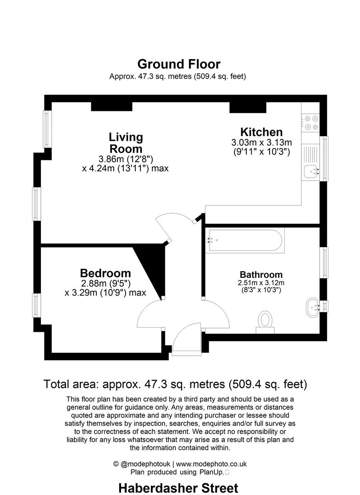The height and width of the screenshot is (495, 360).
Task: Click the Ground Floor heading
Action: tap(179, 65)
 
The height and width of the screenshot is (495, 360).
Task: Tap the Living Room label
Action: tap(126, 143)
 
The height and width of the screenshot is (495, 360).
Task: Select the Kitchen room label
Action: tap(261, 132)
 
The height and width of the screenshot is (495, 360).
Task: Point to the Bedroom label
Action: tap(105, 273)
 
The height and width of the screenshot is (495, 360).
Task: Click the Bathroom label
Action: tap(261, 275)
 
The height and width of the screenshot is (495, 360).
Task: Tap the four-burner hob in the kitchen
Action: tap(311, 123)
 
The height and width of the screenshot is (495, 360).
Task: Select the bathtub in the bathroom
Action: tap(245, 241)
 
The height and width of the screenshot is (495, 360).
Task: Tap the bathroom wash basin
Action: tap(313, 307)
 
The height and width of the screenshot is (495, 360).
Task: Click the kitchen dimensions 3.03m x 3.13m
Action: tap(261, 143)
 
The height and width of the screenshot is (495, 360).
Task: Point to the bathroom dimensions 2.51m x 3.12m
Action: tap(261, 283)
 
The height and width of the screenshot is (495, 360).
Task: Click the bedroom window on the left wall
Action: tap(37, 305)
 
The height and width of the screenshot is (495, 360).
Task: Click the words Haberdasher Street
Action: tap(178, 488)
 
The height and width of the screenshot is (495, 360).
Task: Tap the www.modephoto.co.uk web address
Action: tap(211, 464)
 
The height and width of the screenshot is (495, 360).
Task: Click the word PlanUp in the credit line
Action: tap(211, 472)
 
